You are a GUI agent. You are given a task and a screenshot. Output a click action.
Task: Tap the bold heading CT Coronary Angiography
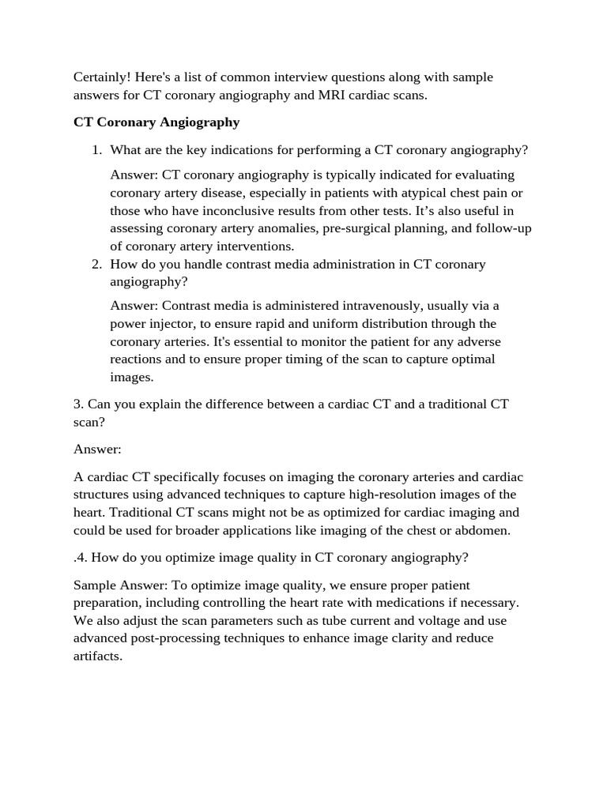[156, 122]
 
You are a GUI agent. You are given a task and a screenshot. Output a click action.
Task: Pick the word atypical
[424, 193]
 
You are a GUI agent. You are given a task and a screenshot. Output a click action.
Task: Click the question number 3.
[78, 404]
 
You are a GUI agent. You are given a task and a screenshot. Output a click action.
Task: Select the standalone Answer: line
[97, 449]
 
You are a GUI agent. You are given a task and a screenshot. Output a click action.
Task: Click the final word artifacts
[97, 656]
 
